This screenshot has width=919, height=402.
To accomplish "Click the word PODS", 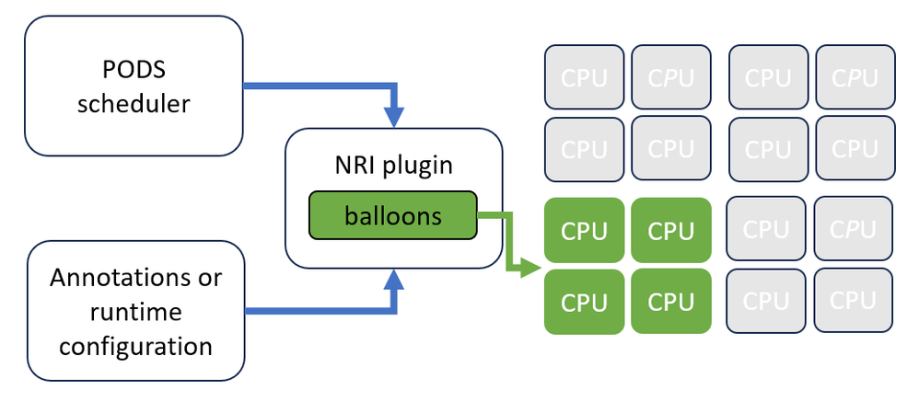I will (134, 70).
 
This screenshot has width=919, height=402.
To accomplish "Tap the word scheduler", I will (134, 103).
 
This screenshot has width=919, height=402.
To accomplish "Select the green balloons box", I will (393, 215).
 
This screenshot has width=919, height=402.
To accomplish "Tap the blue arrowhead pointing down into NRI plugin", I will (393, 118).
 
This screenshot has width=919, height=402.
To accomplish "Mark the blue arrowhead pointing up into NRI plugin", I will (393, 281).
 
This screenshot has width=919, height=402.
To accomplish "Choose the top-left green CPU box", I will (585, 230).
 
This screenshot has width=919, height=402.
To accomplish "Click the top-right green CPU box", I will (671, 230).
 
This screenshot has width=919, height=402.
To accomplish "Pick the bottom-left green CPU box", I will (585, 301).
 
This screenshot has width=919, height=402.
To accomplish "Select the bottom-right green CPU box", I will (671, 301).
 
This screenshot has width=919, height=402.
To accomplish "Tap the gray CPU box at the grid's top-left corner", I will (585, 77).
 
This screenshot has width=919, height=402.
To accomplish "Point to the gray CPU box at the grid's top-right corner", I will (855, 77).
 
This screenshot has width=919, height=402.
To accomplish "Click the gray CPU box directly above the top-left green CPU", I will (585, 148).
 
